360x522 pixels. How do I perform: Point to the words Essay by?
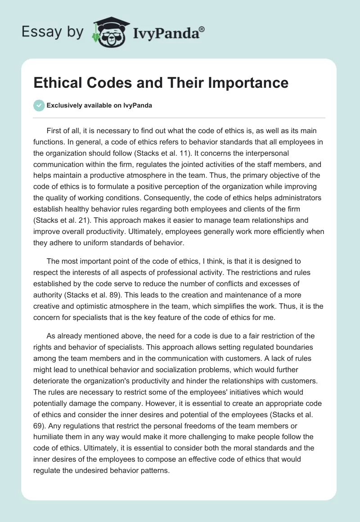[x=53, y=32]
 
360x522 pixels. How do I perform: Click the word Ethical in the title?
[x=58, y=83]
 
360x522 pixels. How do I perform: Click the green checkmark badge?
[x=39, y=105]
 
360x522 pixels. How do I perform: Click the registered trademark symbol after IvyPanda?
[x=202, y=29]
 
